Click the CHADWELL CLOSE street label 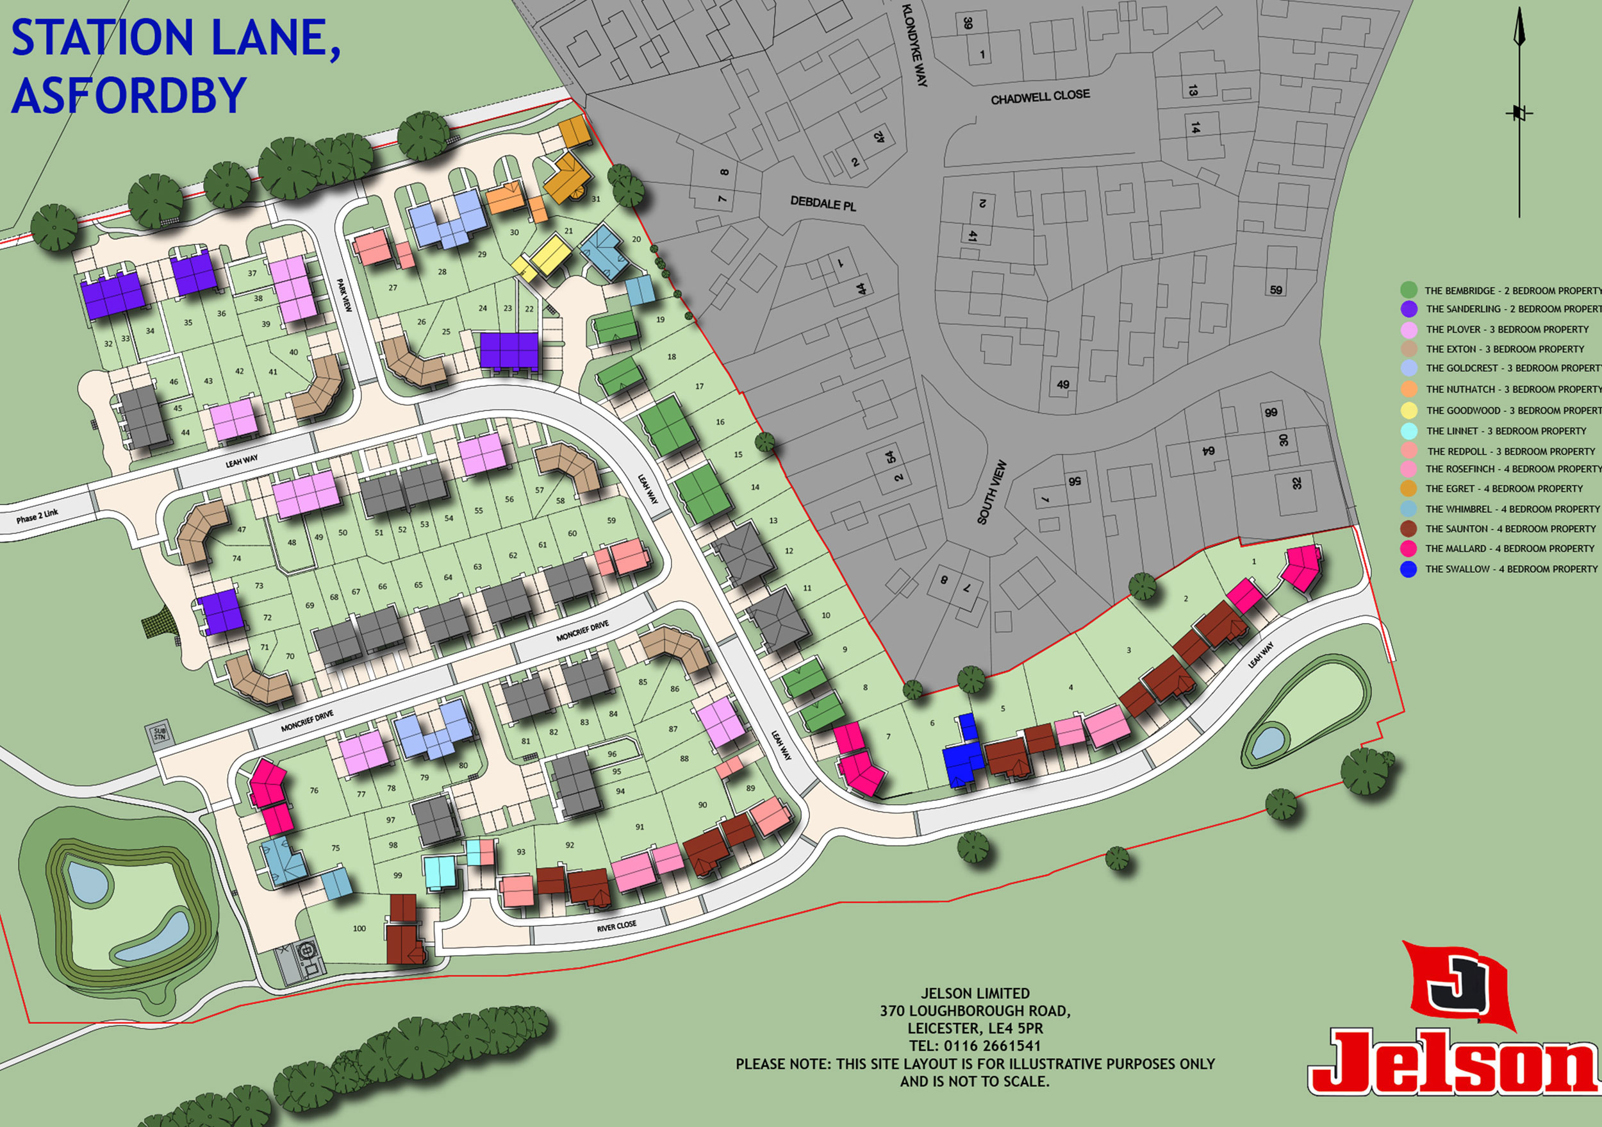pos(1039,96)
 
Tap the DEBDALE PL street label pos(823,204)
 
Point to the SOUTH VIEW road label pos(991,492)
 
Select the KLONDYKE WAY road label pos(914,45)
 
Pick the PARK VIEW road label pos(345,295)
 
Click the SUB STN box pos(159,734)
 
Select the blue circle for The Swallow pos(1408,569)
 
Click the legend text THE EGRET pos(1450,489)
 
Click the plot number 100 pos(359,928)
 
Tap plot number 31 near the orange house pos(596,199)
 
